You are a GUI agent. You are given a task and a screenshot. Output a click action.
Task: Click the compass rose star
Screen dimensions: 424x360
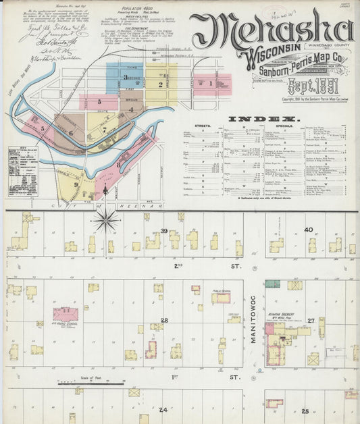[x=105, y=219]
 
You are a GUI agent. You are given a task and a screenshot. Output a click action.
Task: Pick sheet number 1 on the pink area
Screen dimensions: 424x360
[x=211, y=84]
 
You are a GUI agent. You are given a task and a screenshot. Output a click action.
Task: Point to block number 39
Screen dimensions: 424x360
[x=164, y=231]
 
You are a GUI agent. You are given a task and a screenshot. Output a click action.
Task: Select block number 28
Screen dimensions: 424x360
[x=164, y=320]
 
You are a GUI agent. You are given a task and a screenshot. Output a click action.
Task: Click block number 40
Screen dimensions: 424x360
[x=309, y=230]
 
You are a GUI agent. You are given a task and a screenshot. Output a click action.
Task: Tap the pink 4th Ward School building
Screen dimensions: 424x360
[x=66, y=314]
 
